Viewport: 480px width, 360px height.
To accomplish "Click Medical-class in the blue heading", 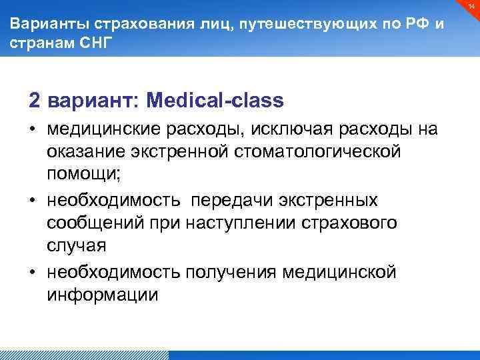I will click(x=215, y=101).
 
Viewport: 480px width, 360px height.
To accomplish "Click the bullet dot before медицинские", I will click(x=32, y=129).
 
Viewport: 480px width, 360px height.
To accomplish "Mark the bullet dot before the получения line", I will click(x=32, y=273).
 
